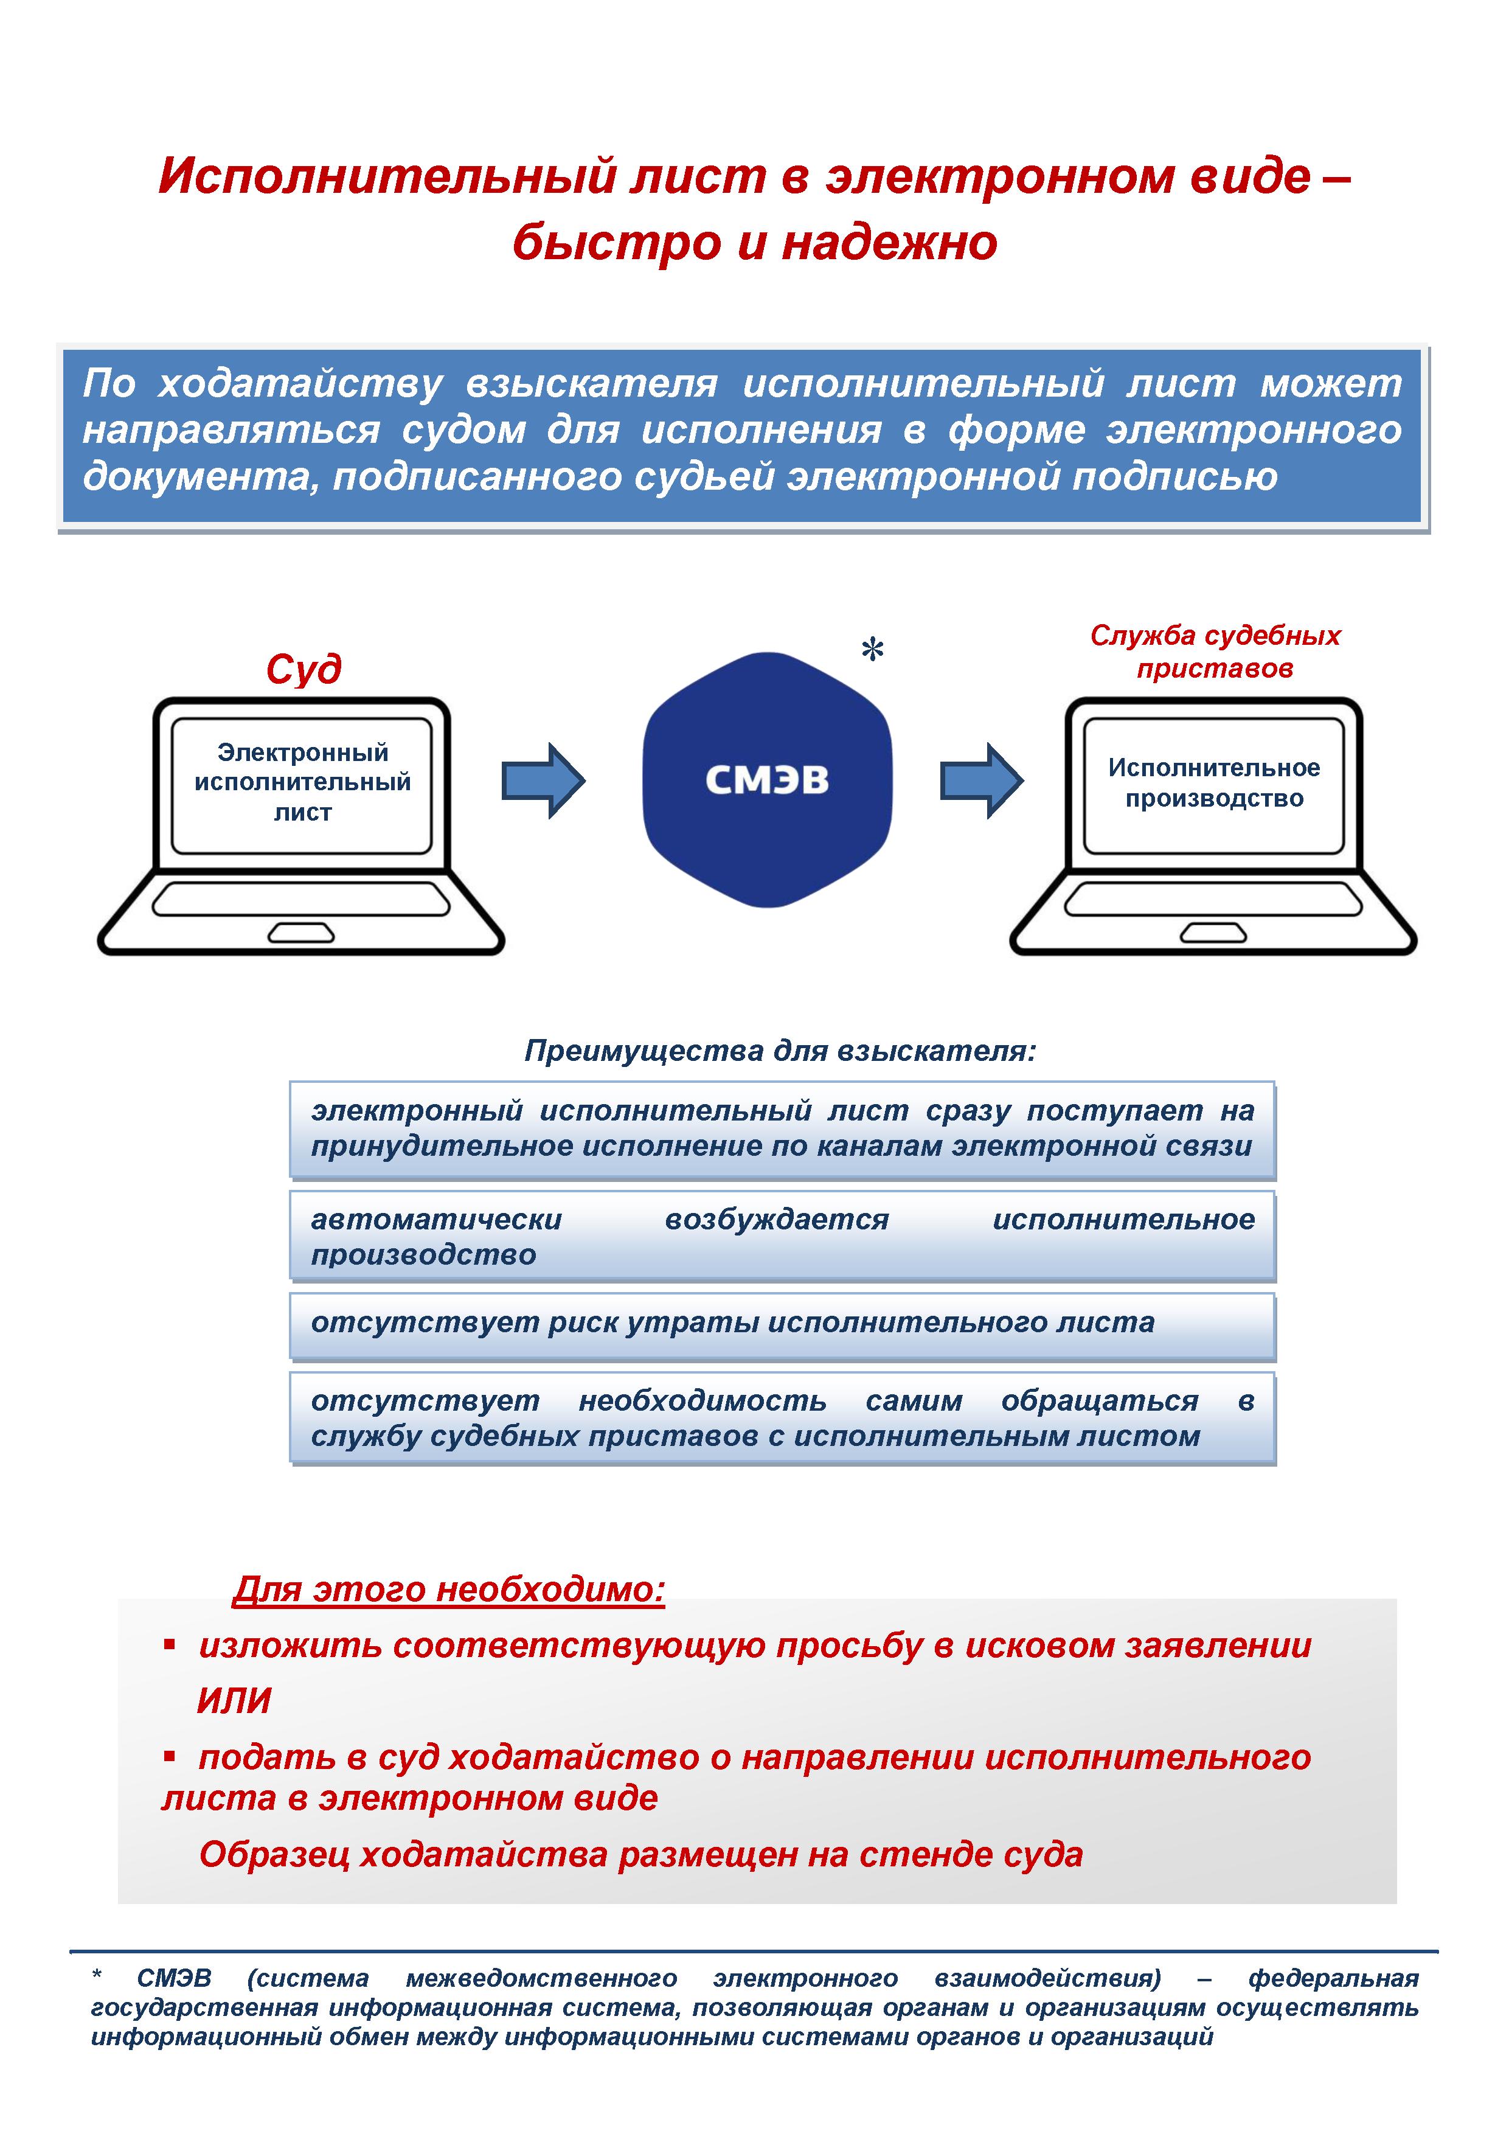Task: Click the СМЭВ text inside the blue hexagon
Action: pyautogui.click(x=766, y=780)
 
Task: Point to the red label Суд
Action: pyautogui.click(x=304, y=669)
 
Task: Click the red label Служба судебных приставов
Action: pyautogui.click(x=1215, y=652)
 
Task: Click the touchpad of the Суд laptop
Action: pyautogui.click(x=301, y=932)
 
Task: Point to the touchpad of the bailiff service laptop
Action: pyautogui.click(x=1213, y=932)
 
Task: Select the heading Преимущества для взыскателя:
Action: pyautogui.click(x=780, y=1051)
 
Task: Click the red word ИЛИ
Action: pyautogui.click(x=234, y=1701)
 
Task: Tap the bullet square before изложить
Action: pyautogui.click(x=169, y=1645)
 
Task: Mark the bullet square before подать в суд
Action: pyautogui.click(x=169, y=1756)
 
